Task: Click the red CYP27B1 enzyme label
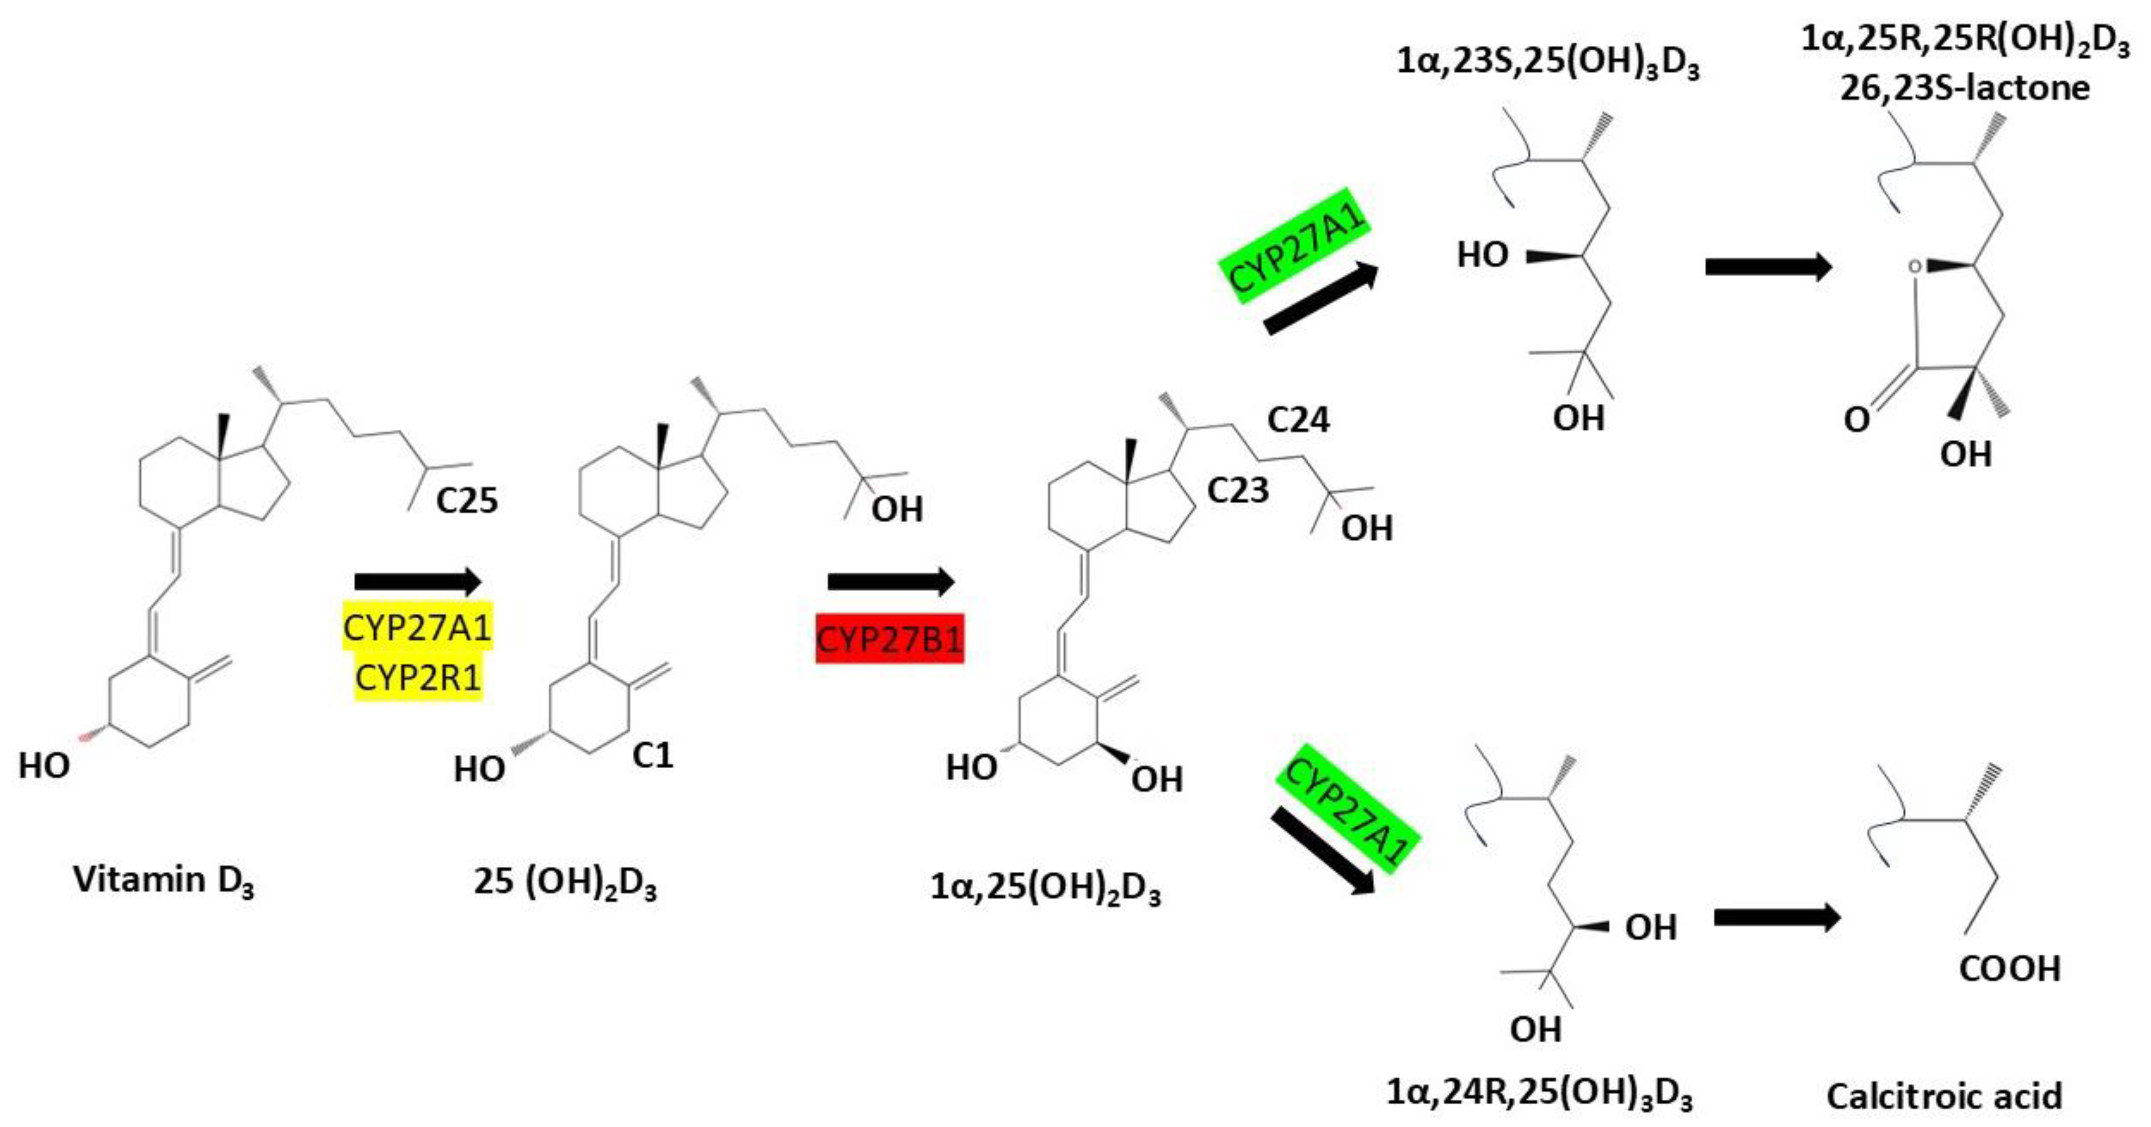889,640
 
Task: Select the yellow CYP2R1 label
418,677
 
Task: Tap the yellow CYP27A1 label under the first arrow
418,627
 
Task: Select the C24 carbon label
1297,419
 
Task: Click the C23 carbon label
1237,490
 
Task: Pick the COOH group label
2010,968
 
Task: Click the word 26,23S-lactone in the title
1965,88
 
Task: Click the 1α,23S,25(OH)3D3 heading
1547,63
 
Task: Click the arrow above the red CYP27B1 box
890,582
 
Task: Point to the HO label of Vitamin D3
43,765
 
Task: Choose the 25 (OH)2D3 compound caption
565,883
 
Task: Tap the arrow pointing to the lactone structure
1768,267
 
